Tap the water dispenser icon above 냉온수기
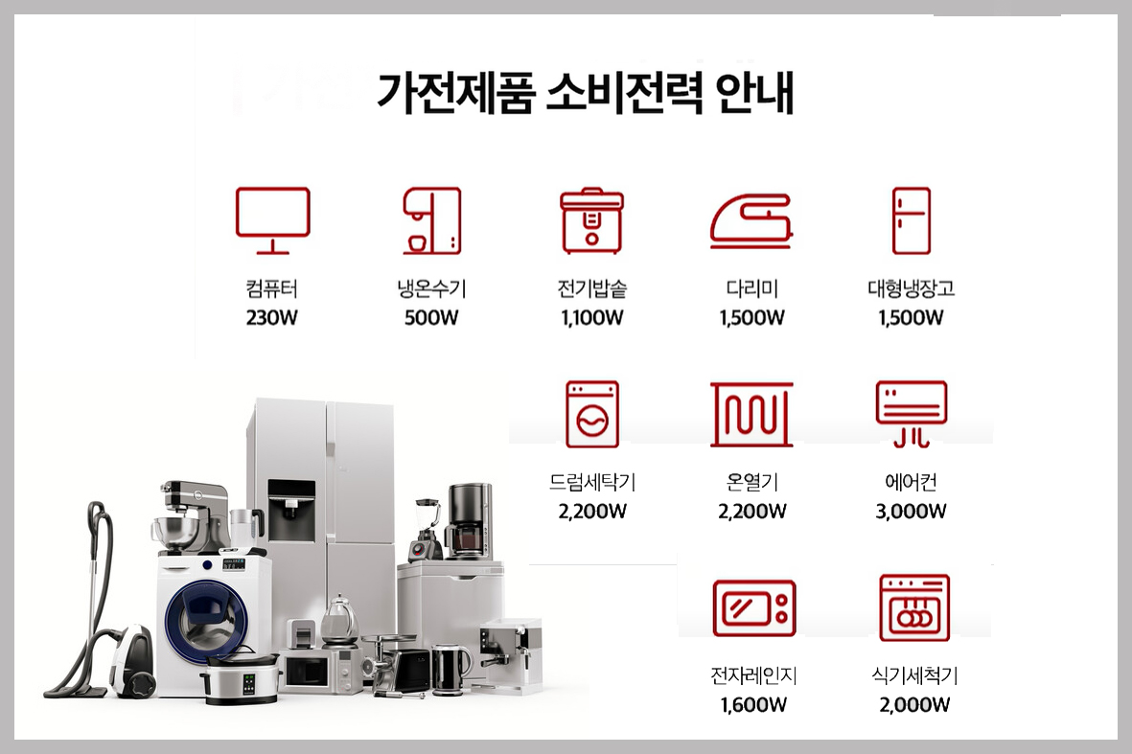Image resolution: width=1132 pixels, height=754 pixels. pos(431,220)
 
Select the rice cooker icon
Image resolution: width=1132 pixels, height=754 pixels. pos(592,220)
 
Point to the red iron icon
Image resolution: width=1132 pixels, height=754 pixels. pos(751,220)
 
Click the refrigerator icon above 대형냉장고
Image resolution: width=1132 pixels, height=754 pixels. pos(912,220)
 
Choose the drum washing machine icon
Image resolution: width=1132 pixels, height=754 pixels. pos(592,414)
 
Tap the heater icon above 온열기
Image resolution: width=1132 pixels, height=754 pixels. pos(751,414)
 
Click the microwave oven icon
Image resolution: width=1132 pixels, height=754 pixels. pos(753,607)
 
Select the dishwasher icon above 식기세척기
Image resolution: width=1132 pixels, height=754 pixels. pos(914,607)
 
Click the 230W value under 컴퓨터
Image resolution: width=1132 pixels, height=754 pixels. pos(271,317)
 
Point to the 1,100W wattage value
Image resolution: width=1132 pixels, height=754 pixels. pos(592,317)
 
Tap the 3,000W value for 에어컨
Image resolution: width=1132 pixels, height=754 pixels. pos(912,511)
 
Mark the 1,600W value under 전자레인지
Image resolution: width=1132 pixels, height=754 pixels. pos(753,704)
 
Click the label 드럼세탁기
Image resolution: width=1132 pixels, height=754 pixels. pos(592,481)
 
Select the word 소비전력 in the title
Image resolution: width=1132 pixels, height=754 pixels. pos(624,92)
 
